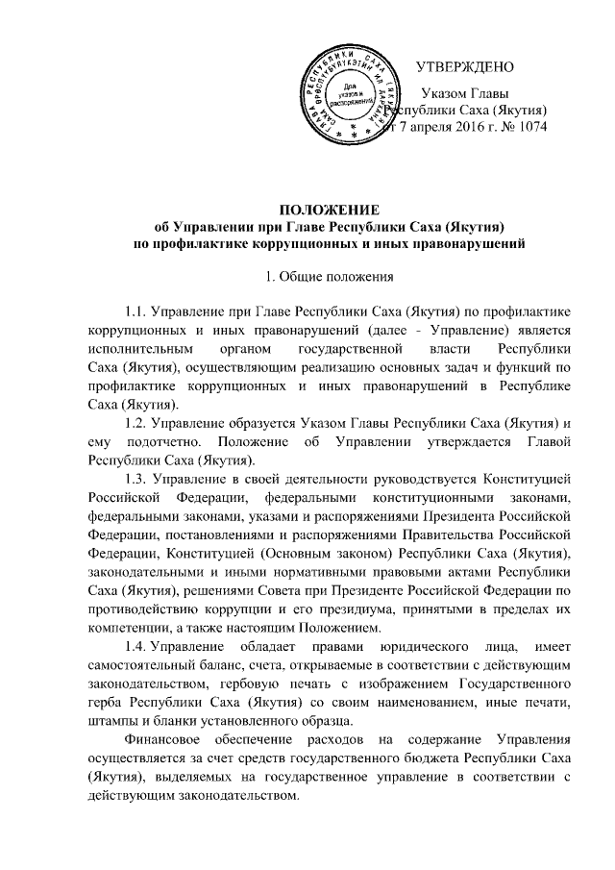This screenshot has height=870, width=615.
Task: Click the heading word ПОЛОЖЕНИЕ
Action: (331, 211)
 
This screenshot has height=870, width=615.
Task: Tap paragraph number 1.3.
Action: (136, 479)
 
